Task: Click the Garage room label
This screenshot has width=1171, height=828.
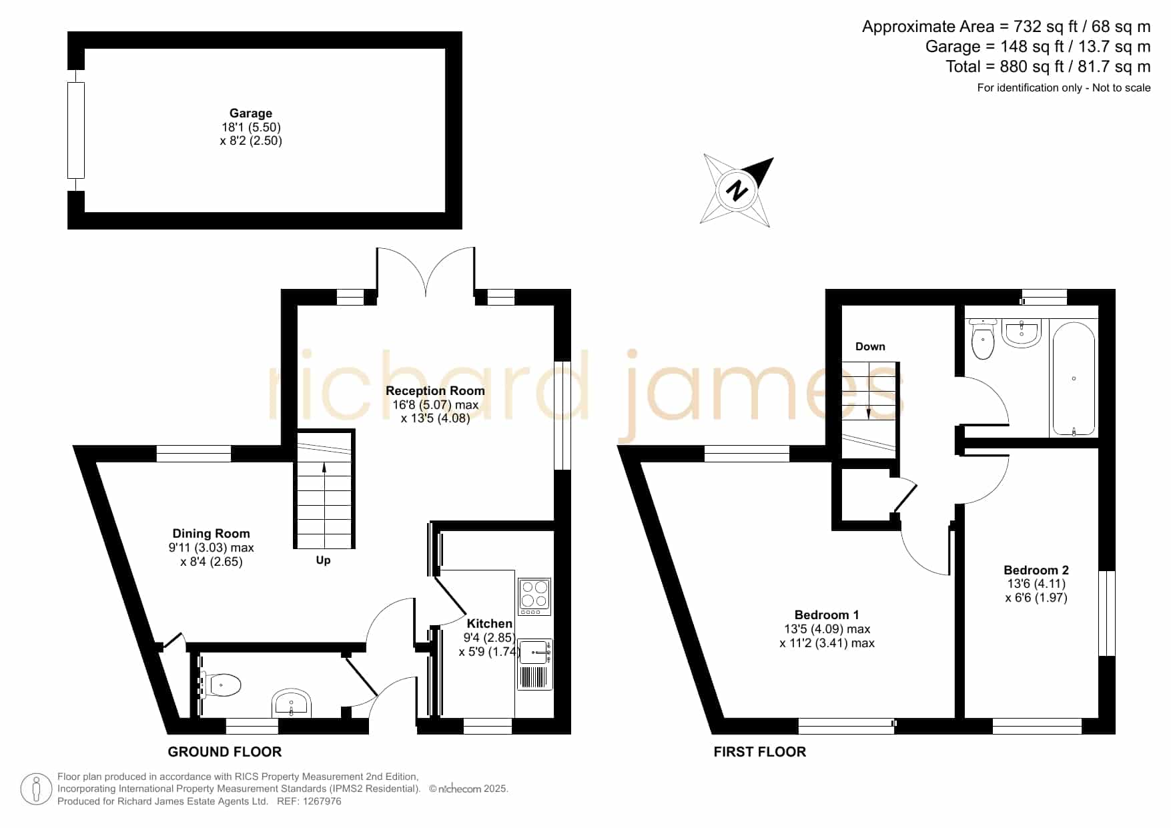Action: tap(251, 113)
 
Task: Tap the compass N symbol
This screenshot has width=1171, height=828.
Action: tap(737, 191)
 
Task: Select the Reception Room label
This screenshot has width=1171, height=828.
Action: tap(435, 391)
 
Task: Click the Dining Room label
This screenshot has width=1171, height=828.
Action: tap(211, 534)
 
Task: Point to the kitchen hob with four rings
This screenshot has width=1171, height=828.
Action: tap(534, 596)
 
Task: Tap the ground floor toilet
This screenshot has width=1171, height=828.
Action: tap(222, 685)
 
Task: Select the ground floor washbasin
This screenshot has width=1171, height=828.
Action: tap(291, 703)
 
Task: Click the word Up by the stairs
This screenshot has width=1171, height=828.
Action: tap(323, 560)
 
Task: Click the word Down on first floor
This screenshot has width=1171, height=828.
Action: tap(870, 347)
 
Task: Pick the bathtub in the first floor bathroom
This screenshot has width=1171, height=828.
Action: tap(1074, 378)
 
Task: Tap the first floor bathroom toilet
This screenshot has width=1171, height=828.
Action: tap(983, 340)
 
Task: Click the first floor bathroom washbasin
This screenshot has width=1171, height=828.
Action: tap(1022, 334)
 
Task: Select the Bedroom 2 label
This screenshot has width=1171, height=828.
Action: tap(1036, 570)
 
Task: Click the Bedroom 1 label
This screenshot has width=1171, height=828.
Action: tap(827, 615)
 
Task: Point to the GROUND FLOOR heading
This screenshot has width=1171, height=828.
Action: tap(225, 752)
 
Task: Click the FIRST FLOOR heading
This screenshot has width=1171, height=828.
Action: tap(760, 752)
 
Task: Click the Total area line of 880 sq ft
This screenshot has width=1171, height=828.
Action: tap(1048, 67)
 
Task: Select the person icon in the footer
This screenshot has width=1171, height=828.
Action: tap(36, 789)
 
